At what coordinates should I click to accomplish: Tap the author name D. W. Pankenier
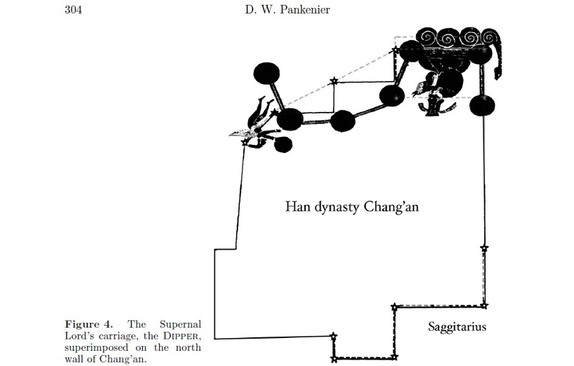tap(288, 9)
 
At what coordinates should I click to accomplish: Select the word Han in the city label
tap(296, 207)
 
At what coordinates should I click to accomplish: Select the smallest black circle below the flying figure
tap(283, 144)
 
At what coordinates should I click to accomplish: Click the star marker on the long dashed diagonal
tap(333, 82)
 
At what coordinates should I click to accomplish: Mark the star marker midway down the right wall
tap(484, 248)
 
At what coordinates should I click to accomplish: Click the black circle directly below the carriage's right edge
tap(482, 105)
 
